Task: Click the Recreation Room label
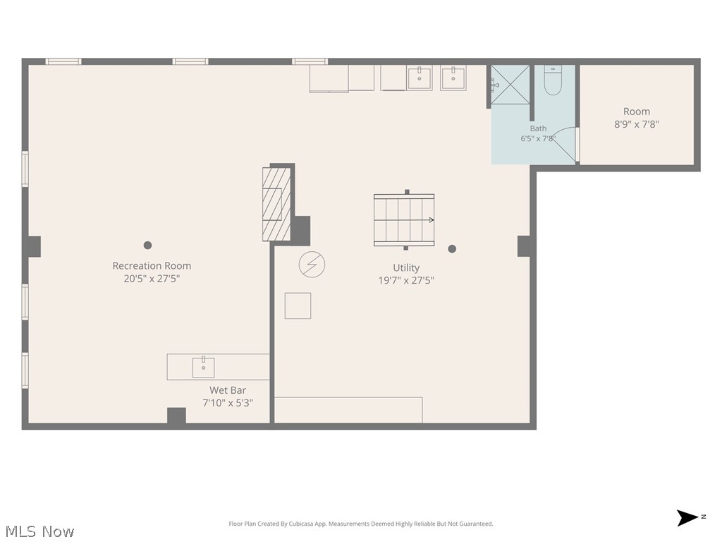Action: [x=152, y=266]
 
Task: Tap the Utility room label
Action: [x=406, y=267]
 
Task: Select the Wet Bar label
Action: [x=228, y=390]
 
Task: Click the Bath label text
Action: [x=538, y=128]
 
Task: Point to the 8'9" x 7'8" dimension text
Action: [x=637, y=124]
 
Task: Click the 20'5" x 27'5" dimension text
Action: [x=152, y=278]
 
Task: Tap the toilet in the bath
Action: [x=553, y=80]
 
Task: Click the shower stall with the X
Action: [x=510, y=85]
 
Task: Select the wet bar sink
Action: [x=203, y=367]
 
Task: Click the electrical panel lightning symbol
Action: [x=312, y=265]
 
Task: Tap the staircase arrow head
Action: [x=432, y=220]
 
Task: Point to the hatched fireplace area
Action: [x=276, y=204]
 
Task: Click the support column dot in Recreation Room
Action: [x=147, y=245]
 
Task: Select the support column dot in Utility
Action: [x=452, y=249]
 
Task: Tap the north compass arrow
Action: [x=687, y=518]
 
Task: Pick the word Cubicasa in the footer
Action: [x=301, y=524]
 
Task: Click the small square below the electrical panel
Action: [x=298, y=306]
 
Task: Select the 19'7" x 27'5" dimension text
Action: [x=406, y=280]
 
